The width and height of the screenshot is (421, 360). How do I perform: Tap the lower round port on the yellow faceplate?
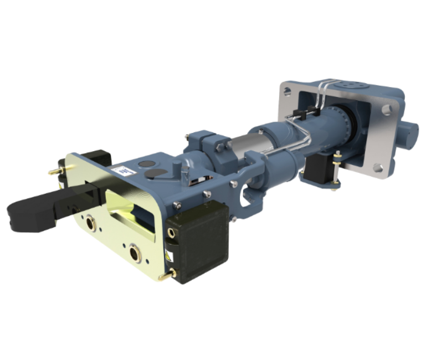tap(135, 253)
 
